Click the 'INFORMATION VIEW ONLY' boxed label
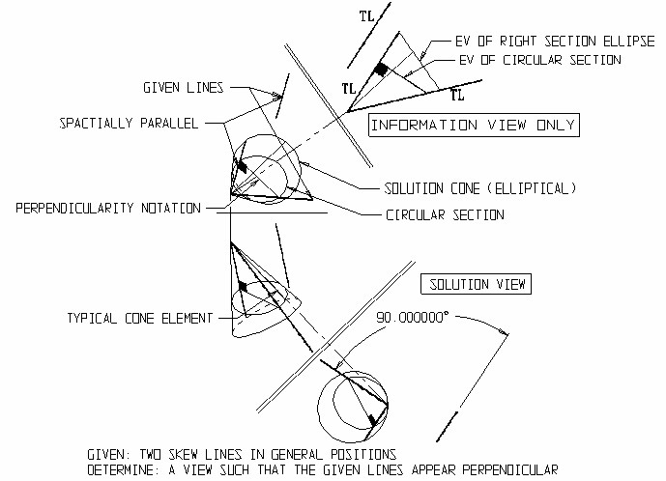pyautogui.click(x=474, y=125)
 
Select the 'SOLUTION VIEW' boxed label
pyautogui.click(x=476, y=285)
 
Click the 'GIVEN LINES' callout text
pyautogui.click(x=184, y=88)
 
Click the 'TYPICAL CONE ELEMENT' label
pyautogui.click(x=140, y=317)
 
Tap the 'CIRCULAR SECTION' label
pyautogui.click(x=445, y=214)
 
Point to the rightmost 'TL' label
pyautogui.click(x=458, y=96)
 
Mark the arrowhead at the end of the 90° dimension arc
pyautogui.click(x=506, y=334)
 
